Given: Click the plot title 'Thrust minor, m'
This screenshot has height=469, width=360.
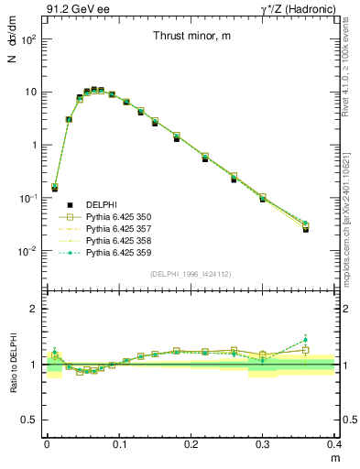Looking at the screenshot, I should [x=192, y=36].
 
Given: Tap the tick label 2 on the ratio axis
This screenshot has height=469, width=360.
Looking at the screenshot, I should [x=37, y=309].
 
